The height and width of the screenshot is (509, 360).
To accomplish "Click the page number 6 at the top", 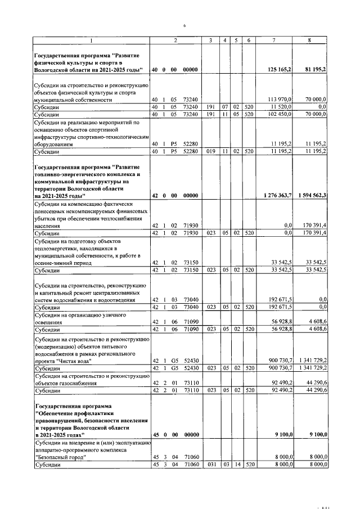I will (183, 25).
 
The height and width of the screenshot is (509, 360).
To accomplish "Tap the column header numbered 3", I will (210, 40).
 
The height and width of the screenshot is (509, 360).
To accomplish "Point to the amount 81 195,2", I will (314, 69).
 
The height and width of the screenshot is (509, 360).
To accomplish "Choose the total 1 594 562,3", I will (312, 195).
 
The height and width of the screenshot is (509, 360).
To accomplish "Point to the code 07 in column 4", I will (224, 106).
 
